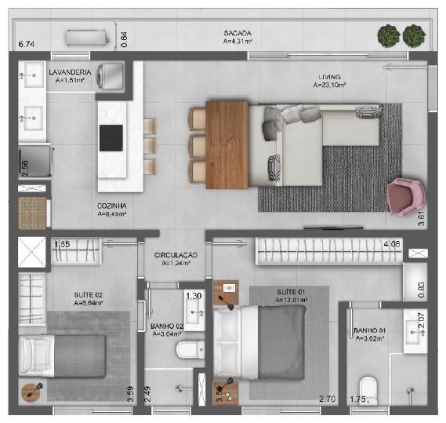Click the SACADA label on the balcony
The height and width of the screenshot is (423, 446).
237,32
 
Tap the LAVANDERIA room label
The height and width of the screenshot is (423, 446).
71,72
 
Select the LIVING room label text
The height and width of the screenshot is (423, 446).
328,75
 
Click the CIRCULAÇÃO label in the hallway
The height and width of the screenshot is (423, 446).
176,255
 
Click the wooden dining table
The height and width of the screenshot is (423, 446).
228,144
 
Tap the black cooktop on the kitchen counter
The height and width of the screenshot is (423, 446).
111,137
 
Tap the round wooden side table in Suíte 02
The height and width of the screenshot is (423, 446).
31,390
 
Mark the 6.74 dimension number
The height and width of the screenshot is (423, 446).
27,45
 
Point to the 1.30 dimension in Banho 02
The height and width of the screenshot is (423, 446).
194,296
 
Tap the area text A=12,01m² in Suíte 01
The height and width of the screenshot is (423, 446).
291,300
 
